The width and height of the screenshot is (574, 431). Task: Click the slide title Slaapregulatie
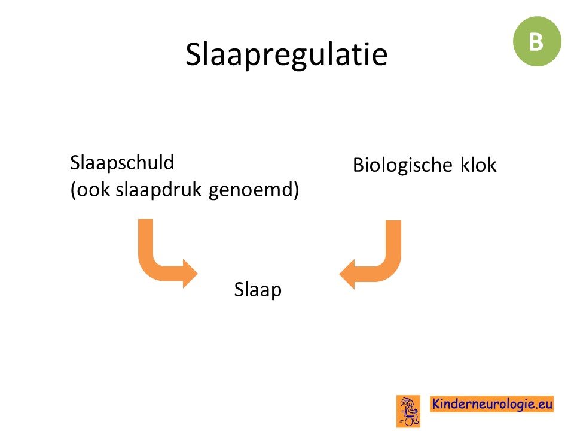click(286, 55)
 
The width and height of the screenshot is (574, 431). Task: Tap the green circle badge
click(537, 41)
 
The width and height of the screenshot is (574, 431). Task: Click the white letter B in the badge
click(536, 41)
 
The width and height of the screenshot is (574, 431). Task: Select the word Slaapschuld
click(122, 163)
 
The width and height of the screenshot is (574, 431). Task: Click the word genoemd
click(252, 190)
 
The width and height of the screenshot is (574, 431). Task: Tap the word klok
click(478, 165)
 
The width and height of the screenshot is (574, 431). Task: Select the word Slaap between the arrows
click(258, 290)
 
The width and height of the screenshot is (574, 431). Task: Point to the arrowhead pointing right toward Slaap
click(190, 274)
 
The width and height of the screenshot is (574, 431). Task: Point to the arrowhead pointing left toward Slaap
click(347, 274)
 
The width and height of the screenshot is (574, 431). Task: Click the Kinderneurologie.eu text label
click(491, 404)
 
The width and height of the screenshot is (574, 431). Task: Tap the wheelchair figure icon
click(408, 411)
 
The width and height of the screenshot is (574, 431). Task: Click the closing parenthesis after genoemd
click(297, 190)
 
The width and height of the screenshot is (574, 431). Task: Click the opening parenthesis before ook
click(73, 190)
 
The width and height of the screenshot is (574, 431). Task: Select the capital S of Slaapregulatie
click(193, 54)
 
